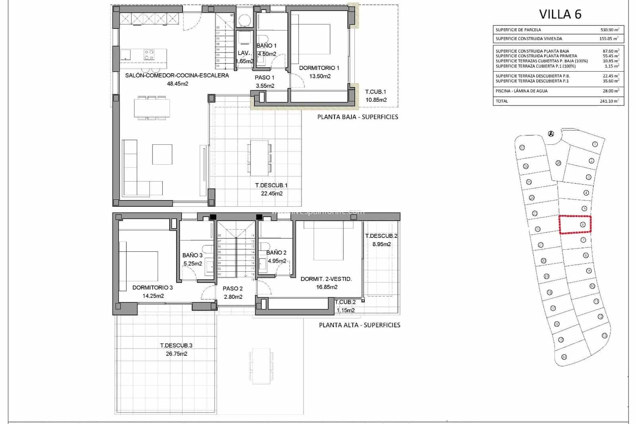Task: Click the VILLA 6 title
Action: pyautogui.click(x=560, y=14)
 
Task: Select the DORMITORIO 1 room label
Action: pyautogui.click(x=319, y=68)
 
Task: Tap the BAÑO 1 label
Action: pyautogui.click(x=266, y=46)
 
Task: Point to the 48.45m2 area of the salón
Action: pyautogui.click(x=177, y=84)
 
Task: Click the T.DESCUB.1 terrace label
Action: pyautogui.click(x=271, y=185)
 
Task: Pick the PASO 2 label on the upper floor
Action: pyautogui.click(x=233, y=289)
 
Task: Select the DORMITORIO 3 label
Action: pyautogui.click(x=152, y=287)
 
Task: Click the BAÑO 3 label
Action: pyautogui.click(x=192, y=255)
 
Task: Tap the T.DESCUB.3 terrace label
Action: pyautogui.click(x=176, y=346)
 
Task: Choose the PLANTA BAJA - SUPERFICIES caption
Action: pyautogui.click(x=357, y=117)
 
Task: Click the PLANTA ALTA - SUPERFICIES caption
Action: pyautogui.click(x=359, y=325)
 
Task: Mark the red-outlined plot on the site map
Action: pyautogui.click(x=575, y=225)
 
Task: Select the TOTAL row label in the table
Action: pyautogui.click(x=502, y=101)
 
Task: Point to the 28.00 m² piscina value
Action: pyautogui.click(x=609, y=91)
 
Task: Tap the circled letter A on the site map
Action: pyautogui.click(x=551, y=134)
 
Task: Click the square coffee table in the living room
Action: pyautogui.click(x=162, y=154)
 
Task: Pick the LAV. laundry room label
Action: pyautogui.click(x=244, y=53)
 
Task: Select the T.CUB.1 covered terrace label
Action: pyautogui.click(x=376, y=92)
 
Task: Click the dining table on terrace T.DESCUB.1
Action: pyautogui.click(x=259, y=158)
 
